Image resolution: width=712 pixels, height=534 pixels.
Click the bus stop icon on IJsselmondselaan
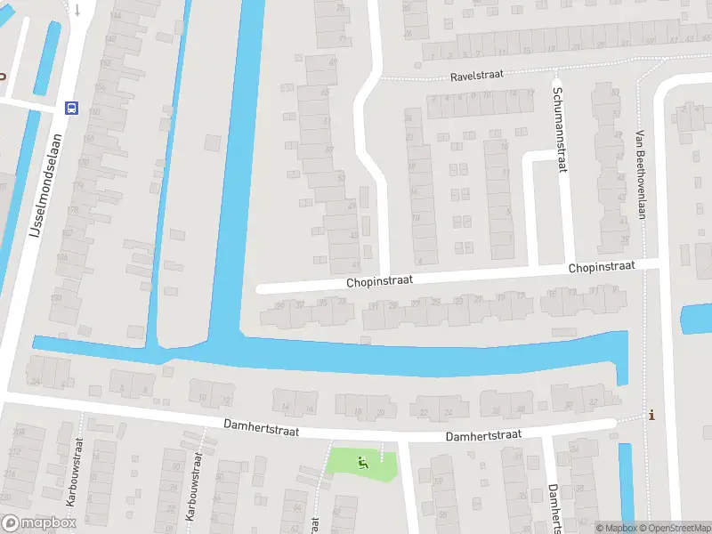[x=71, y=109]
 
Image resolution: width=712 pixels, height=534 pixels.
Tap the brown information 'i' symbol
[x=652, y=415]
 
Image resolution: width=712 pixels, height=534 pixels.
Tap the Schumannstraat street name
[x=559, y=125]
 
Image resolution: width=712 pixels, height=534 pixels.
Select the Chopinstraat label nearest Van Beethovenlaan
[x=602, y=267]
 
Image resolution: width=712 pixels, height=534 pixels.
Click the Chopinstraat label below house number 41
[x=380, y=281]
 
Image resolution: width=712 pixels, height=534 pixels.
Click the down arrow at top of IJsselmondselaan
[x=77, y=10]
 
